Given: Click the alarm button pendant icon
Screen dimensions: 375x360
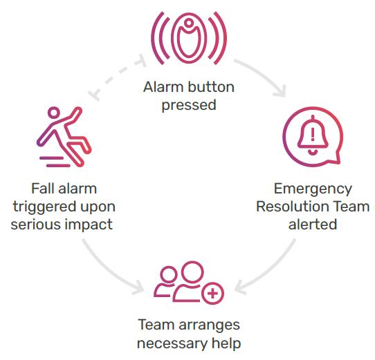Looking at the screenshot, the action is pos(189,38).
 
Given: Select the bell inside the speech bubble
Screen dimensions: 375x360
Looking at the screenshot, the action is pos(313,135).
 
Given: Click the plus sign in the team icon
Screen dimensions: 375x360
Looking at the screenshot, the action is pos(212,294).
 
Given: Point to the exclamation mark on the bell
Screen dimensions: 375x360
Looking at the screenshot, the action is pos(313,134).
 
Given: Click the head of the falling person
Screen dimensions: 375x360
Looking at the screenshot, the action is pos(54,113).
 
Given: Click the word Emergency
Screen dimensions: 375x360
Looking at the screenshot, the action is pos(313,189).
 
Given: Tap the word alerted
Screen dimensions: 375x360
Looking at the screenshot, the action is pos(313,225).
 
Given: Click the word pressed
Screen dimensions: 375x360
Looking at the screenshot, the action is pos(189,105).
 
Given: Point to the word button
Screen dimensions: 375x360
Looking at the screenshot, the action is pos(211,87).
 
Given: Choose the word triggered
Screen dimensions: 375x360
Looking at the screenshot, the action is pos(45,207).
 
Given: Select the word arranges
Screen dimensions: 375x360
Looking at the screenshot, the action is pos(209,325).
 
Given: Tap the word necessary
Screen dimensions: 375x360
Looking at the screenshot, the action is pos(172,344).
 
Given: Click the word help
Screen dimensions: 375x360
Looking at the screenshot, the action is pos(226,343).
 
